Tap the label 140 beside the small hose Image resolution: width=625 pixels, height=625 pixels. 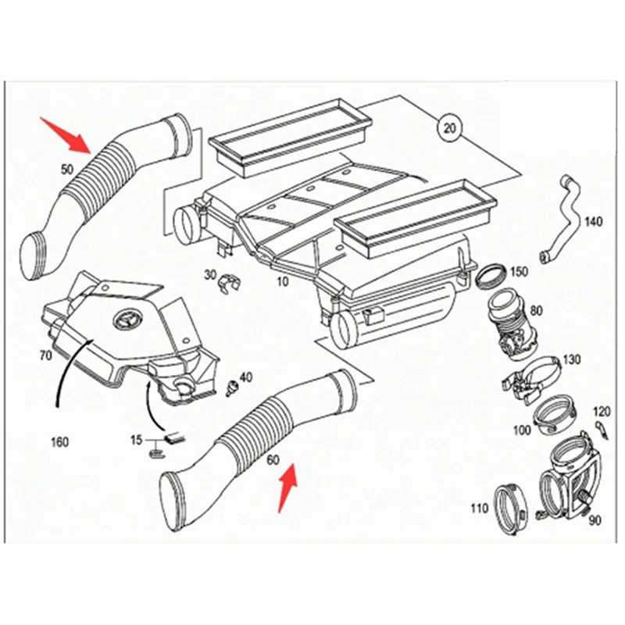pyautogui.click(x=593, y=222)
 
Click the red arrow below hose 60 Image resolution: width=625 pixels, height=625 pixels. pyautogui.click(x=288, y=485)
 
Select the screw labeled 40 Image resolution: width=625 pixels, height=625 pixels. pyautogui.click(x=231, y=387)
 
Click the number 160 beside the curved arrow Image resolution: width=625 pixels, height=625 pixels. pyautogui.click(x=59, y=441)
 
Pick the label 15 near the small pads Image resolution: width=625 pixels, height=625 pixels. pyautogui.click(x=136, y=441)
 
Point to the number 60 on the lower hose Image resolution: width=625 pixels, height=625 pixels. pyautogui.click(x=273, y=459)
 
